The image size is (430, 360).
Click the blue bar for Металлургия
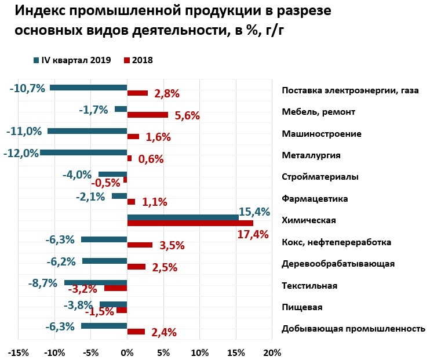coord(83,152)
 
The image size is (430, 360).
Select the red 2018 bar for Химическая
coord(190,223)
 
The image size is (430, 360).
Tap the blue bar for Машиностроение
coord(87,131)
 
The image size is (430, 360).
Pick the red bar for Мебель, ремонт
coord(147,115)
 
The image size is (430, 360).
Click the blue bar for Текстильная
coord(96,282)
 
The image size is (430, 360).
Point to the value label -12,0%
coord(21,153)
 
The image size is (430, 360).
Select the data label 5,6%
coord(187,115)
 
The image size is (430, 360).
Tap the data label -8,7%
coord(43,283)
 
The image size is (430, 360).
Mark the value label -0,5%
coord(105,183)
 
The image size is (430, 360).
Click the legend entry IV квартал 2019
coord(75,60)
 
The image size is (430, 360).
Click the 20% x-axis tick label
coord(271,352)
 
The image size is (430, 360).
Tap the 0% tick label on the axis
coord(127,352)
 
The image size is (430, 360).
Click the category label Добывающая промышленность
coord(353,329)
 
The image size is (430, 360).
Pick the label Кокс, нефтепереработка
coord(336,242)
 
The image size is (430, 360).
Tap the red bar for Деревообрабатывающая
coord(136,267)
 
